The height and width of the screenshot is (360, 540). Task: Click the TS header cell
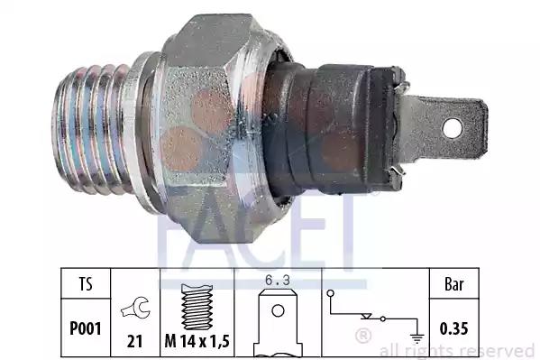tap(86, 284)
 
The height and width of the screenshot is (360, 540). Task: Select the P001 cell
tap(86, 328)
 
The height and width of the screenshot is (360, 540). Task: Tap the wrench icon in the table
tap(136, 308)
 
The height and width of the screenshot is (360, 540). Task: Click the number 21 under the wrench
tap(134, 341)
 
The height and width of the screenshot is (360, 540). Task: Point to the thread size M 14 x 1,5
tap(197, 341)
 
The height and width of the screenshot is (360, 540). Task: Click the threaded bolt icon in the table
tap(197, 307)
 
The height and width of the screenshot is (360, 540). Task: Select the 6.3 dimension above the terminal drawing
tap(278, 280)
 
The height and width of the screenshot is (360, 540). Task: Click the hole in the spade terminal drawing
tap(278, 310)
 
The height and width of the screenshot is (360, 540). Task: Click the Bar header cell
tap(454, 284)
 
